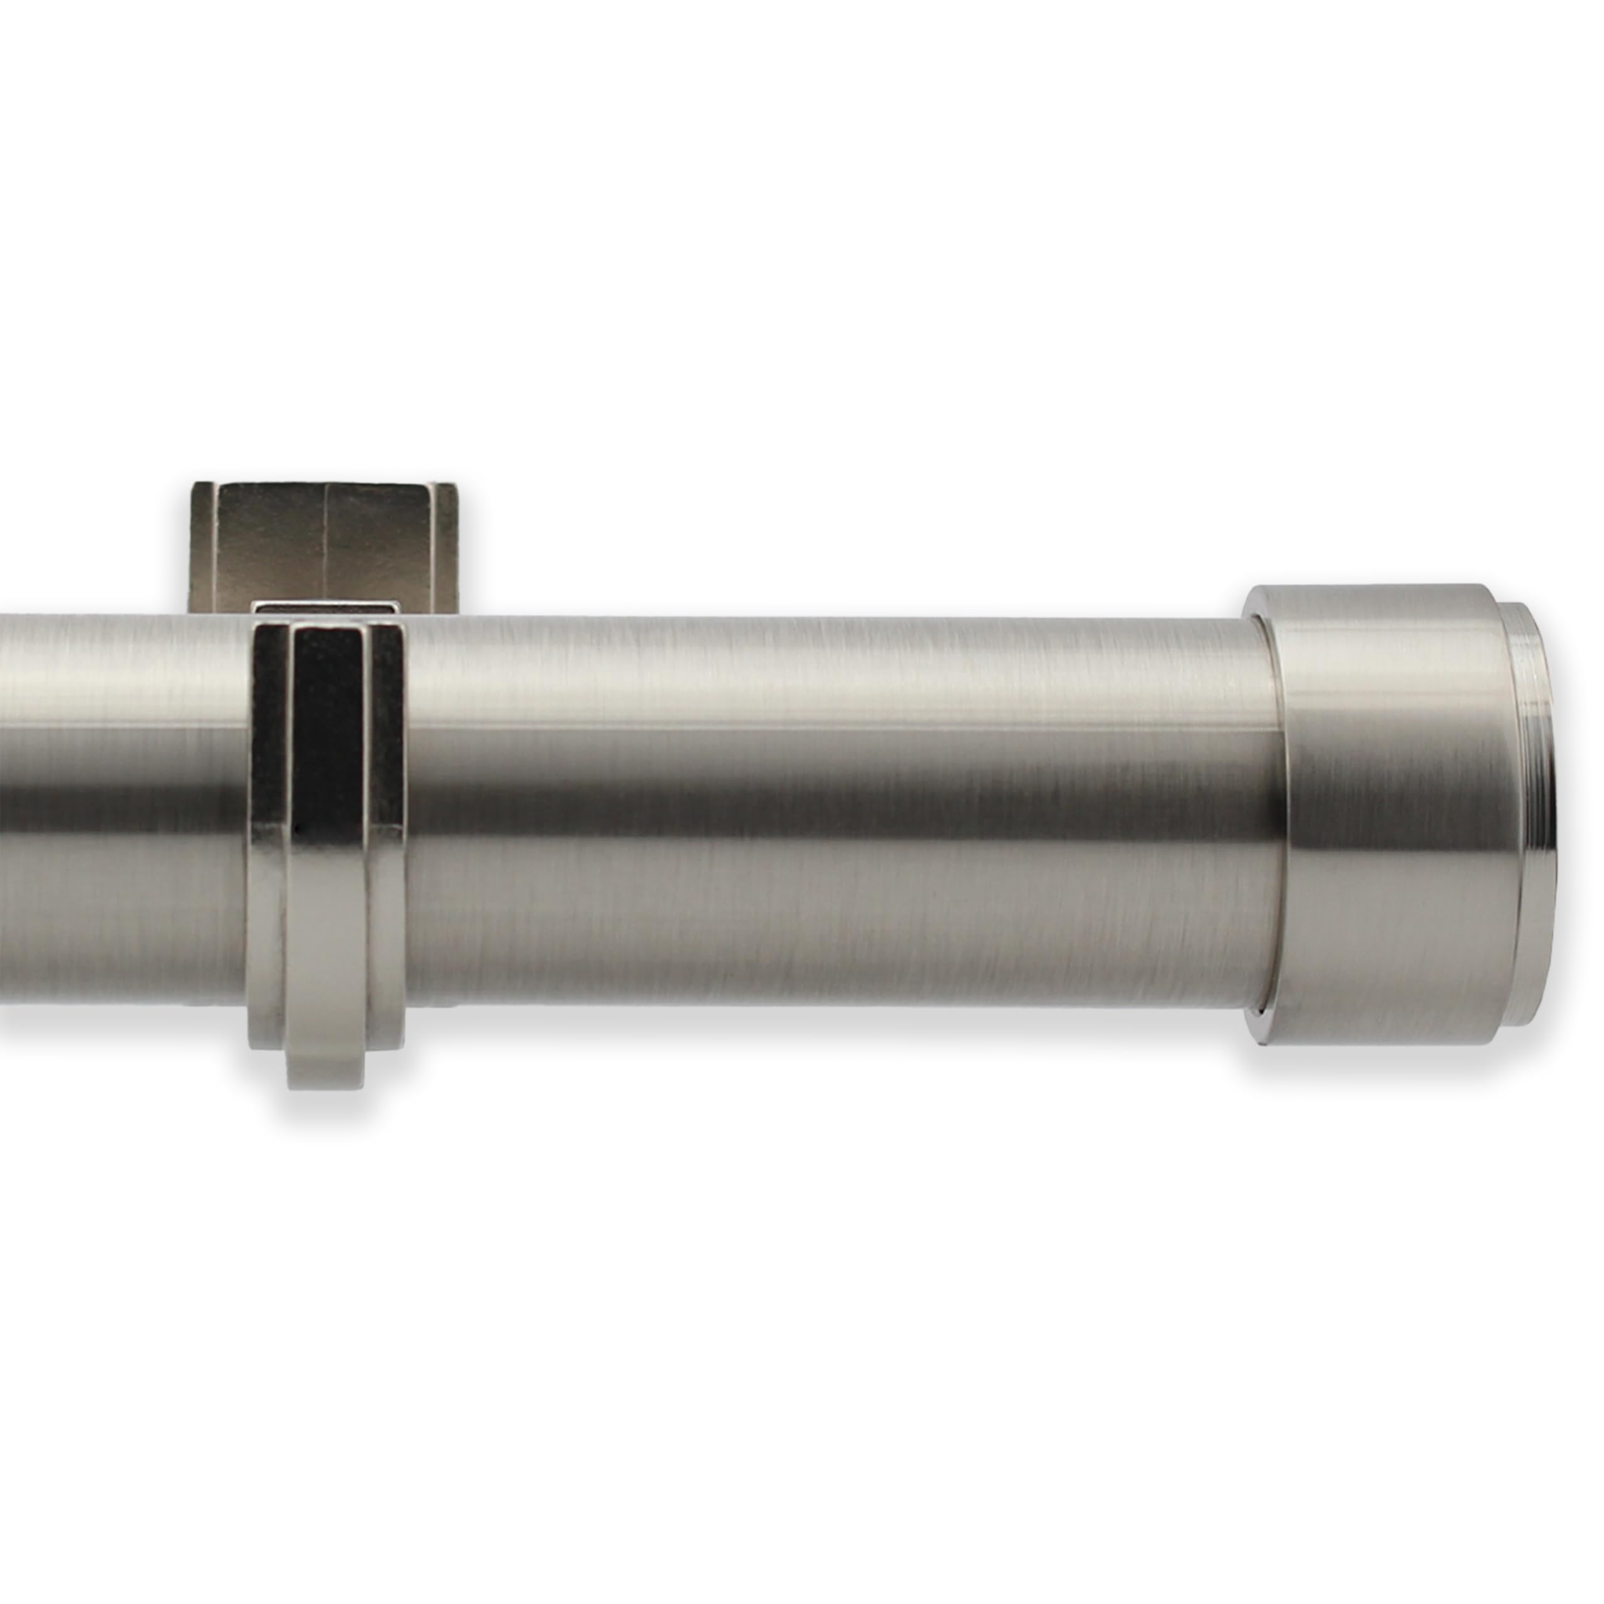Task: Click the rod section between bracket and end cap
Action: point(830,814)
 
